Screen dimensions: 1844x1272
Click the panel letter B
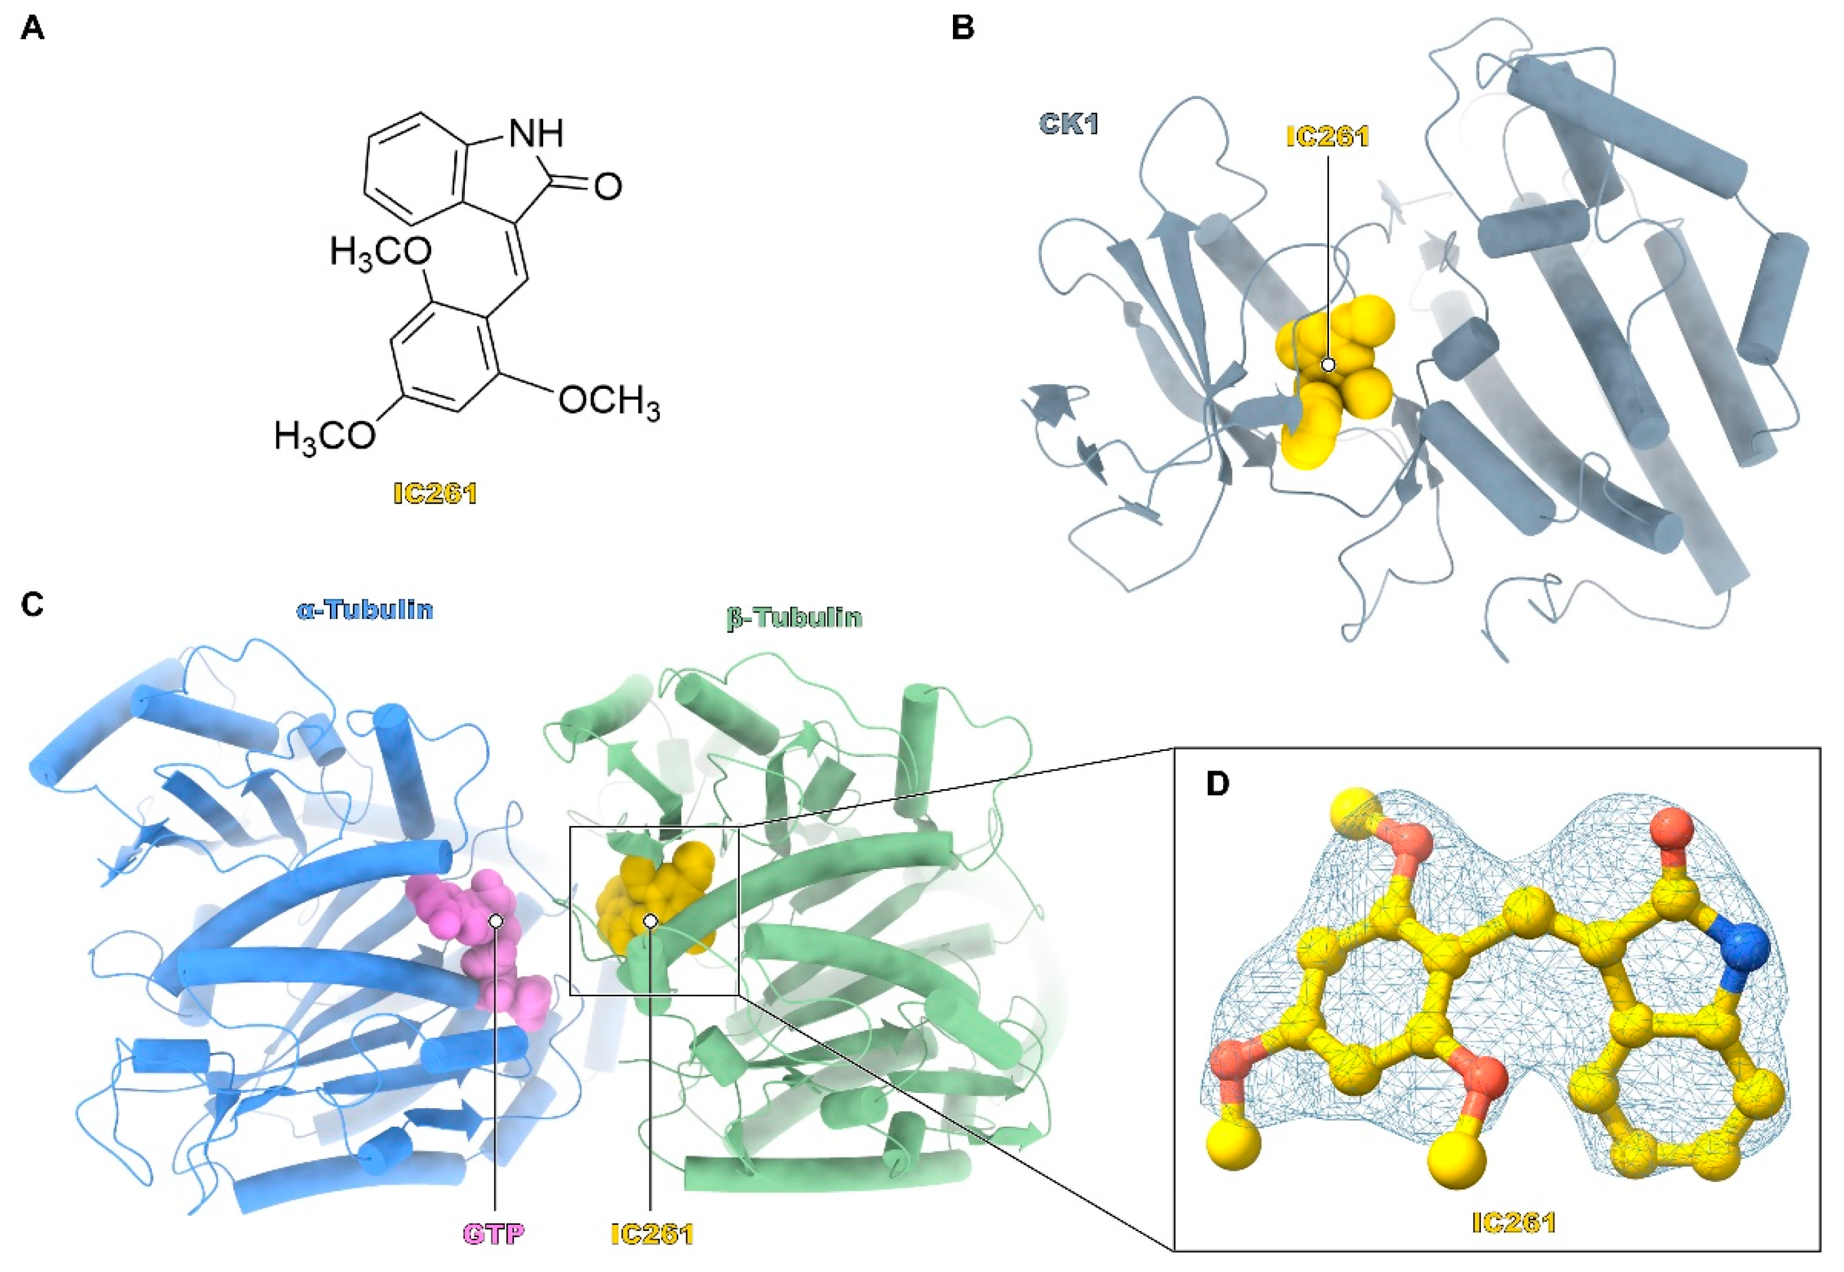964,29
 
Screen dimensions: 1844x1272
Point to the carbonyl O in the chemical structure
607,187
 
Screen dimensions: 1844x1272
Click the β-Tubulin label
794,617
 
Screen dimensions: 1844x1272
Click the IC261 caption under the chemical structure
435,494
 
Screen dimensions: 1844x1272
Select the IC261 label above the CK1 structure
1328,137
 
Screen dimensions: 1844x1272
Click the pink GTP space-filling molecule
478,940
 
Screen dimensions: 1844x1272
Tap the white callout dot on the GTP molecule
496,921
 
